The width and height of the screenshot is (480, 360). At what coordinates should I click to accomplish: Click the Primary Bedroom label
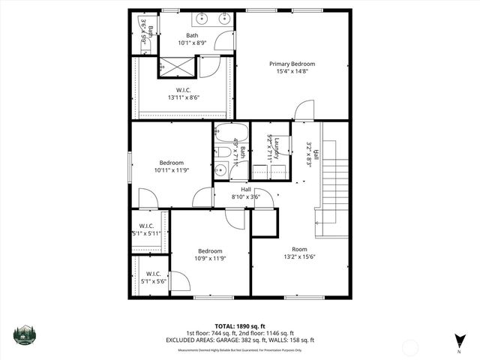(292, 64)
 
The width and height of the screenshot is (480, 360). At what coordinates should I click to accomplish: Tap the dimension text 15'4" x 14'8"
(292, 73)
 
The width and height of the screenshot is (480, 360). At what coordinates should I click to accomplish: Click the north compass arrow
(458, 340)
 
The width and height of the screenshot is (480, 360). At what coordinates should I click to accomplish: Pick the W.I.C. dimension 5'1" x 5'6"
(154, 281)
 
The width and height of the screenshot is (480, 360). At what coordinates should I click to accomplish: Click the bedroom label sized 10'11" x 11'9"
(172, 162)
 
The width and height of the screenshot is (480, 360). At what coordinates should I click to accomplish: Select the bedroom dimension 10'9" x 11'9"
(210, 259)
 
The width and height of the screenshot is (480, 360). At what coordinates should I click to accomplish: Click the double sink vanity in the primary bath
(211, 19)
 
